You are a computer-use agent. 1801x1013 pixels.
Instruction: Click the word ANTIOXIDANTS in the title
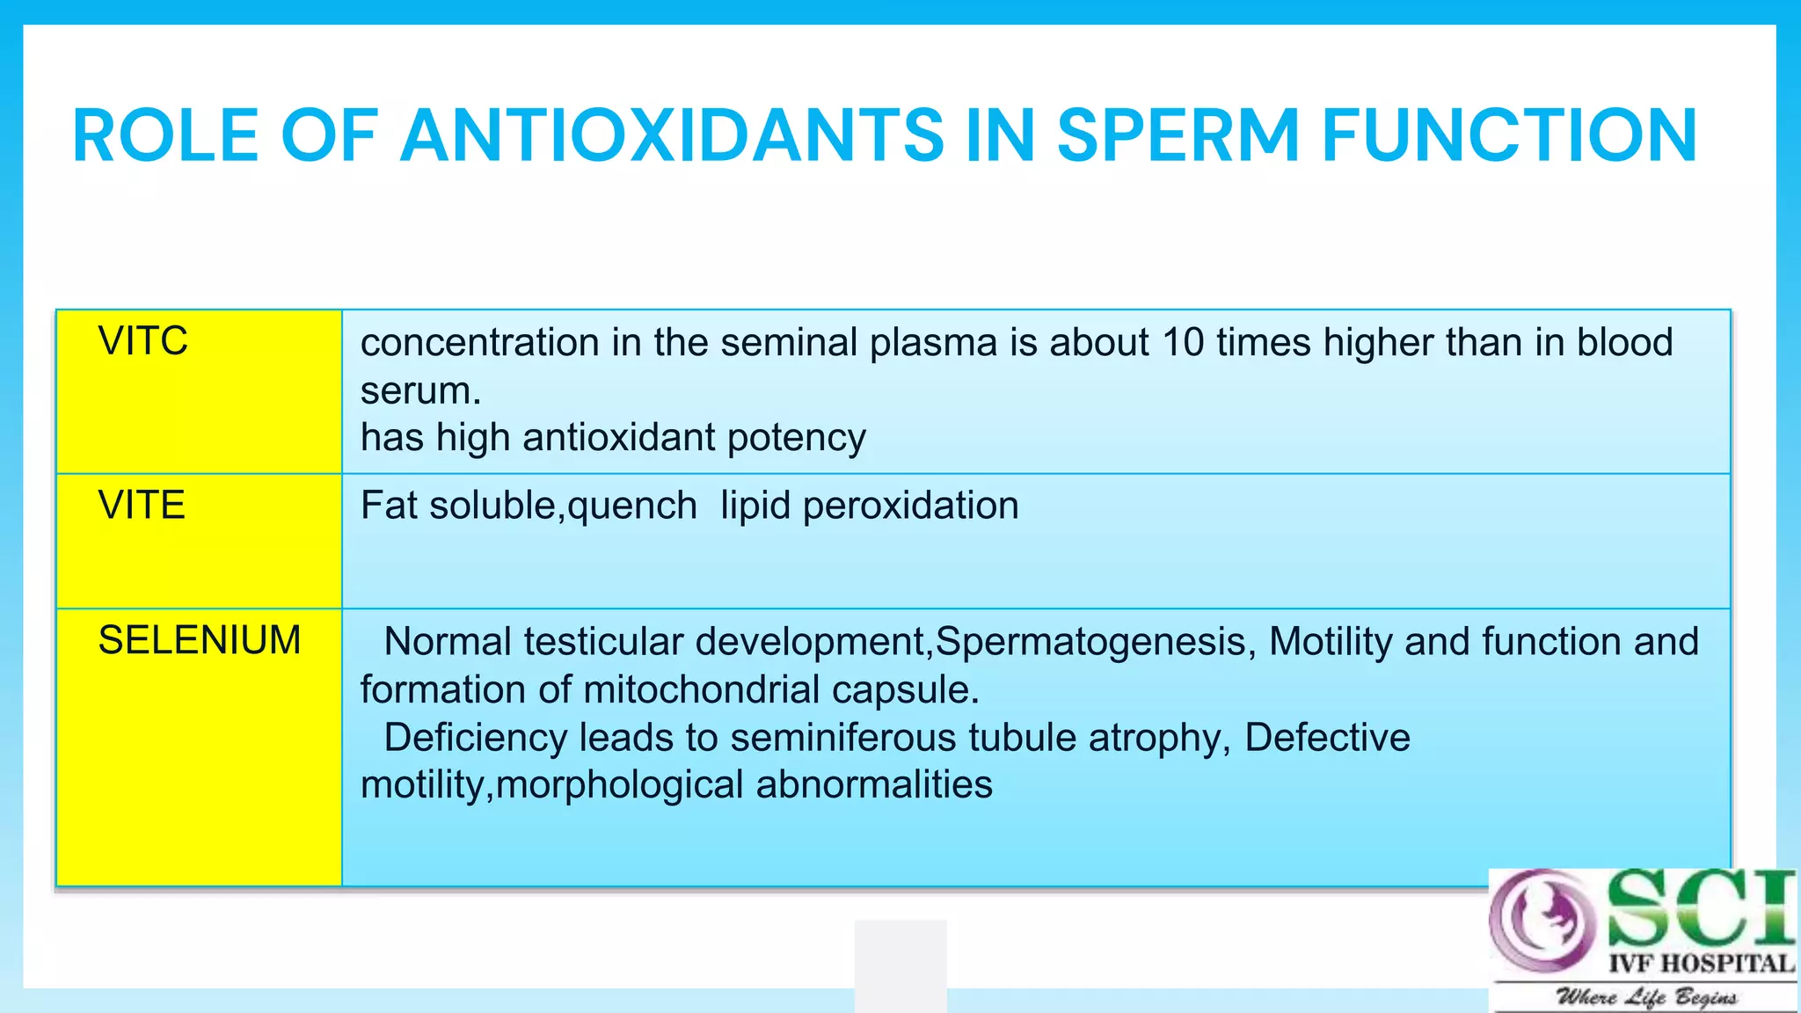point(672,136)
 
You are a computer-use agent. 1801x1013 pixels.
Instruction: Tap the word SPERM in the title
point(1178,136)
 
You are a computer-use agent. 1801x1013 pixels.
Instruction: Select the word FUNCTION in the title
point(1509,136)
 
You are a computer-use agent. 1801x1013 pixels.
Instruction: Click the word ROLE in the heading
point(165,136)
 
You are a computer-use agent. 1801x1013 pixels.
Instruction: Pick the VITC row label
point(142,341)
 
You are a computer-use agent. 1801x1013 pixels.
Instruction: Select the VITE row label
point(142,506)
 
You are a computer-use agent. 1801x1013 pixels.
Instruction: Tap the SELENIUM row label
point(200,640)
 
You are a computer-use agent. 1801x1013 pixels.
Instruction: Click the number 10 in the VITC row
point(1183,343)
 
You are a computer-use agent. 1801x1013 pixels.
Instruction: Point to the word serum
point(420,390)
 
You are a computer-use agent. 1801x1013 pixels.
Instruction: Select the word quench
point(632,506)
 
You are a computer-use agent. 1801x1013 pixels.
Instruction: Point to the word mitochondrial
point(701,689)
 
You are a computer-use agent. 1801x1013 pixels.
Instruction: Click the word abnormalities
point(874,785)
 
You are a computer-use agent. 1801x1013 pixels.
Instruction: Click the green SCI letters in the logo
point(1699,908)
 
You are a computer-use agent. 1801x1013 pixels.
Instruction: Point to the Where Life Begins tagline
point(1646,997)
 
